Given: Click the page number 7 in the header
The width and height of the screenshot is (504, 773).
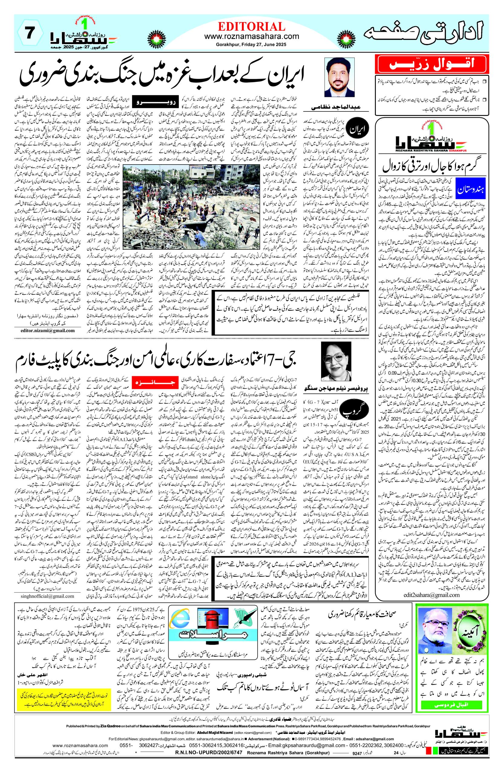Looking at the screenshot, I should point(30,34).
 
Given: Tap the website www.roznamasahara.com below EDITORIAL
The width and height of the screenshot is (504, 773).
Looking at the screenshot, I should point(251,36).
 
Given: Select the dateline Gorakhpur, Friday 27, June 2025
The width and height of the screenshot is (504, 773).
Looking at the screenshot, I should point(251,44).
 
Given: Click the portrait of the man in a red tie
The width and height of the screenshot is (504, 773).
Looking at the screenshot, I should point(339,77).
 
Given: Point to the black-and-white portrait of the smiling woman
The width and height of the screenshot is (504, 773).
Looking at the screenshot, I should point(336,361).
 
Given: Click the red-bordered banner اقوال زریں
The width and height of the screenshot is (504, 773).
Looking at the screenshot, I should point(431,64).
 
